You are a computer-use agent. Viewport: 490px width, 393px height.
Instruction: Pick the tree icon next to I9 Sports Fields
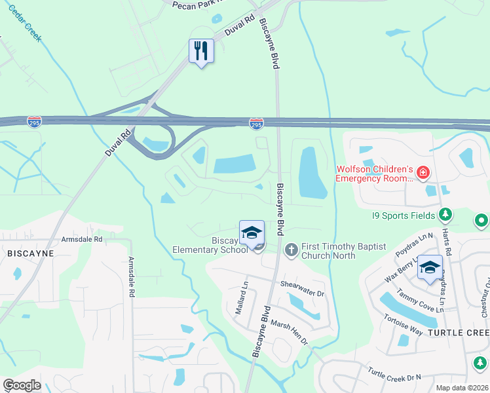pyautogui.click(x=445, y=214)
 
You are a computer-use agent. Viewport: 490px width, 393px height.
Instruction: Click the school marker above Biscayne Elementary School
pyautogui.click(x=252, y=233)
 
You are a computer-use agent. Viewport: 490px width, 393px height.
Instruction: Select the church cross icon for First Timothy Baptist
pyautogui.click(x=291, y=249)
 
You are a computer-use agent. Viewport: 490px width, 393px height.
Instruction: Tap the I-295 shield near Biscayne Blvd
pyautogui.click(x=257, y=123)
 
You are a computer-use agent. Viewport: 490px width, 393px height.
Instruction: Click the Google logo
pyautogui.click(x=22, y=385)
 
